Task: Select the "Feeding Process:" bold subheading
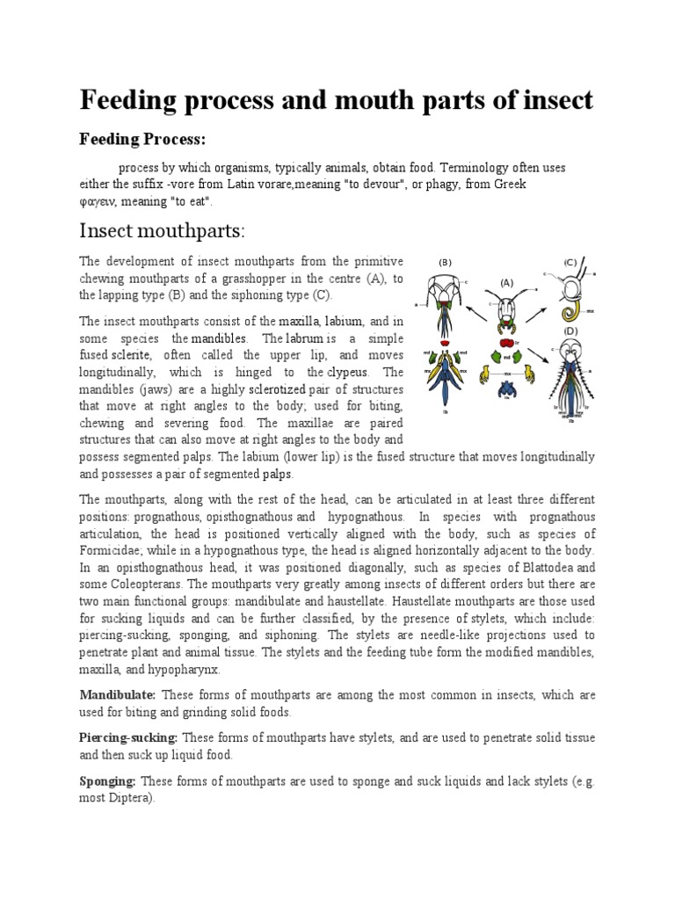pyautogui.click(x=142, y=140)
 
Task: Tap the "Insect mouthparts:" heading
pyautogui.click(x=161, y=231)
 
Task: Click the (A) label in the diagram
pyautogui.click(x=506, y=283)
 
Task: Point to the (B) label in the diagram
pyautogui.click(x=445, y=262)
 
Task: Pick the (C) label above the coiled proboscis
pyautogui.click(x=570, y=261)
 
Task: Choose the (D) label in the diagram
pyautogui.click(x=570, y=330)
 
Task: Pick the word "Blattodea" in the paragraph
pyautogui.click(x=544, y=567)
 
